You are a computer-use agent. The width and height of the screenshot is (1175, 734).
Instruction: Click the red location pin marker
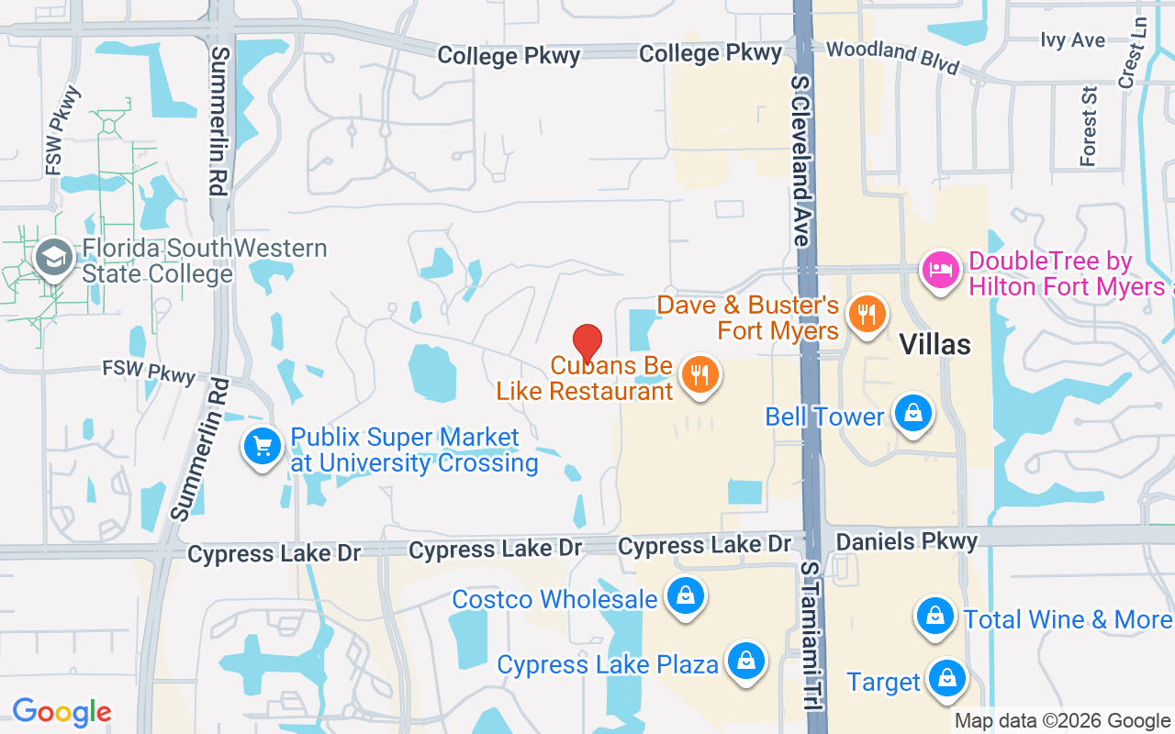coord(587,344)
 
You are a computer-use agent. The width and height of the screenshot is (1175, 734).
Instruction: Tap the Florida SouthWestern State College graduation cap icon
coord(55,259)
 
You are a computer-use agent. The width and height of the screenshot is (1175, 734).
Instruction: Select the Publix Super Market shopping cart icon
coord(263,447)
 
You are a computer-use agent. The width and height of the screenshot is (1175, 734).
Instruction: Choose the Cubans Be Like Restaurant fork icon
coord(700,375)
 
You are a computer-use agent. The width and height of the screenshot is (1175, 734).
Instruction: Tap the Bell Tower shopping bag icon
coord(912,413)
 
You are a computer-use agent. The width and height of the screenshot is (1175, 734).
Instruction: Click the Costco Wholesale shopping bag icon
coord(685,596)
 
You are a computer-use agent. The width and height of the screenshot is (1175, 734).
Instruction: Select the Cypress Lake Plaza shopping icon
coord(746,661)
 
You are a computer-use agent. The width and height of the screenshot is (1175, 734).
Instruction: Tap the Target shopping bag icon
coord(945,679)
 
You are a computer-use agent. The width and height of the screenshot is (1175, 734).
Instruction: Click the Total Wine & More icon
coord(934,616)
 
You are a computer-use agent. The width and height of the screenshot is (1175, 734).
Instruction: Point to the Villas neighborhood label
coord(934,344)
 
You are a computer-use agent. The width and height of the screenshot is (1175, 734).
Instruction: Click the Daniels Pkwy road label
coord(907,541)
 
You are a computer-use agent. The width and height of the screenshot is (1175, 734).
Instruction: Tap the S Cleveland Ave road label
coord(800,161)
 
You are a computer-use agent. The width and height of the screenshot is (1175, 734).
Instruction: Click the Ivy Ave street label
coord(1073,39)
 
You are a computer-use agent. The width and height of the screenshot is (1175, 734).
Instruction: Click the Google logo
coord(62,711)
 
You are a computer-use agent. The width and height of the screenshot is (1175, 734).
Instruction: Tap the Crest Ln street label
coord(1133,55)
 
